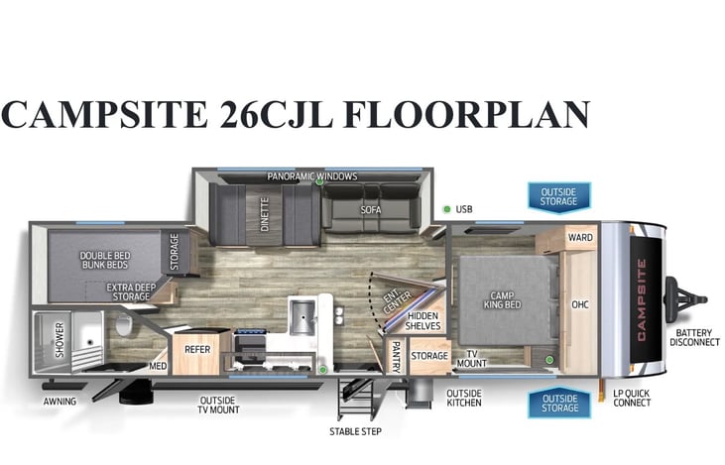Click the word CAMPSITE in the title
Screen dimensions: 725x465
pos(104,114)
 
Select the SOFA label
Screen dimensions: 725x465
pos(371,210)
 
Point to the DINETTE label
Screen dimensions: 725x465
pos(265,214)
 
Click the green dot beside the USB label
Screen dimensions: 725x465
pos(447,209)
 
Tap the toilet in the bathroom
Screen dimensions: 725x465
pos(123,324)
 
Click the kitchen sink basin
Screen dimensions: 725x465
pos(302,317)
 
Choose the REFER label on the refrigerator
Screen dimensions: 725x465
pos(197,349)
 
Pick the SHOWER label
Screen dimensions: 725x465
pos(60,340)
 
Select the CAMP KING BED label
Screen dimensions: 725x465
pos(502,300)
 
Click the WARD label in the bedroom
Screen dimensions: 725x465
pos(580,237)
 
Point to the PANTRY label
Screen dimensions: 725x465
pos(397,357)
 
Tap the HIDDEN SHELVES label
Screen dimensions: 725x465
pos(423,321)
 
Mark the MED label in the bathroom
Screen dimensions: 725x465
pos(158,366)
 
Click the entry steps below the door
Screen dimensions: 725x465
pos(356,399)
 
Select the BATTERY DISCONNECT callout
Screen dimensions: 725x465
pos(694,337)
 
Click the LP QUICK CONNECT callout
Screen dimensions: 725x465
pos(632,398)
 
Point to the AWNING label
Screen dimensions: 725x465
pos(60,402)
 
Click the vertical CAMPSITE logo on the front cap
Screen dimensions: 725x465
pos(642,300)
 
